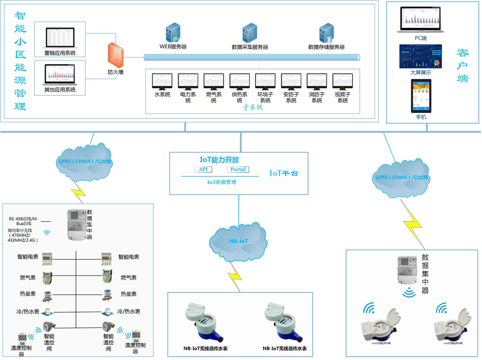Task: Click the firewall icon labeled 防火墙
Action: coord(116,54)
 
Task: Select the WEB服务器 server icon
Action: coord(173,33)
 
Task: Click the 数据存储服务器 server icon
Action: coord(326,34)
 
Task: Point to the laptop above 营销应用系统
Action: coord(60,39)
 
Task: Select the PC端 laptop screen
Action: coord(420,20)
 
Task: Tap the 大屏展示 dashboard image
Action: coord(420,57)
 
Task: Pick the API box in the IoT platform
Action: coord(203,170)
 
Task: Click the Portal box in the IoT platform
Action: coord(237,170)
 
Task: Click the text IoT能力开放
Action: coord(219,160)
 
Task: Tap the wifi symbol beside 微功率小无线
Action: coord(47,233)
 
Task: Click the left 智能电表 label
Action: coord(28,258)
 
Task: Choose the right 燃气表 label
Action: coord(128,278)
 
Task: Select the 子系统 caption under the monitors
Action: coord(253,108)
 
